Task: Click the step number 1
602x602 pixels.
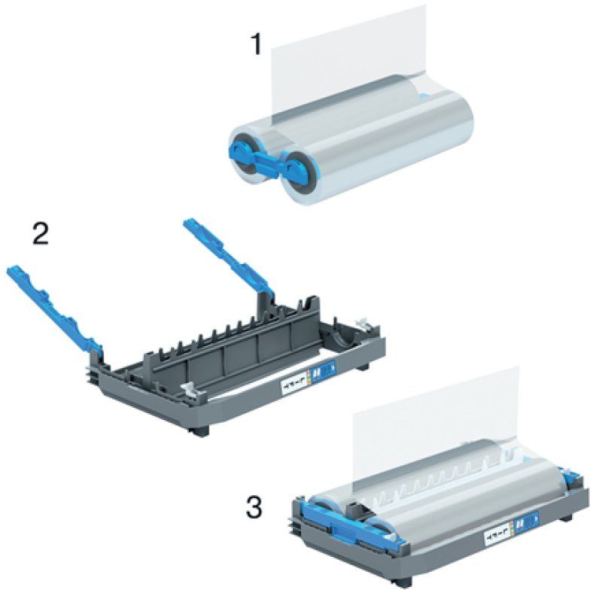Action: (256, 44)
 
